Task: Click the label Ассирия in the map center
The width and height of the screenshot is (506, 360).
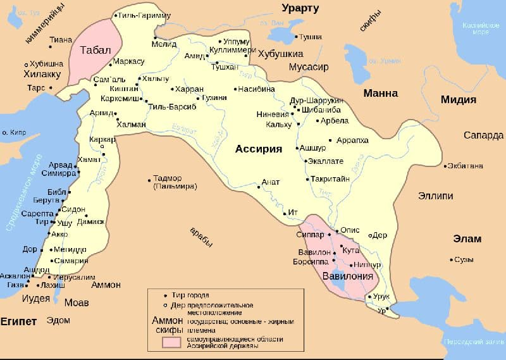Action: point(258,149)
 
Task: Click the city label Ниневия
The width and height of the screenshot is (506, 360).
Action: point(273,115)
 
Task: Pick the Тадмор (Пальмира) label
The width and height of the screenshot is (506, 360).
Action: point(175,182)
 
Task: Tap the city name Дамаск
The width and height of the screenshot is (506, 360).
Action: point(90,222)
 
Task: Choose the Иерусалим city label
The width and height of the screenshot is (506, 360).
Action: point(74,276)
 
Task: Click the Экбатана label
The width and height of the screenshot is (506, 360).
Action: point(465,166)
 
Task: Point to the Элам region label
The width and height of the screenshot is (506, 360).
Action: point(467,239)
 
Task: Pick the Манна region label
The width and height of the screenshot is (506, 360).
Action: point(380,93)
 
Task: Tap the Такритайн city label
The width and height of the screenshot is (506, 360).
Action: point(330,179)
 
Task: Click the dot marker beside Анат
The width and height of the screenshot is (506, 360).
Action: point(258,187)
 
